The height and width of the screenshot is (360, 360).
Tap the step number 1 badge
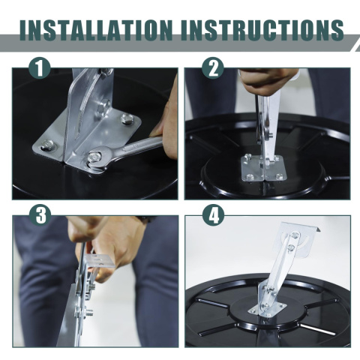(40, 68)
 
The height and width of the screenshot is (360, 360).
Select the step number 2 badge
(213, 68)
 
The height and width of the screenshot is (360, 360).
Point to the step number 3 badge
(40, 215)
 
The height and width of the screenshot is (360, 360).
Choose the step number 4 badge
(213, 215)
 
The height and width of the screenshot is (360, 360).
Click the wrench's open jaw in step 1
(96, 159)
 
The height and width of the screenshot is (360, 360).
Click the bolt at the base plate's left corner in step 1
(48, 145)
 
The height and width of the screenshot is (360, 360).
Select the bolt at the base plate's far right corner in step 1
(127, 118)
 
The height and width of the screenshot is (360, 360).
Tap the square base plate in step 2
(263, 168)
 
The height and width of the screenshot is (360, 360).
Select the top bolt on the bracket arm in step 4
(295, 235)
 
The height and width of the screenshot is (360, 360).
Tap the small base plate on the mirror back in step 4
(268, 310)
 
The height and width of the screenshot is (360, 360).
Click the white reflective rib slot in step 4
(317, 328)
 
